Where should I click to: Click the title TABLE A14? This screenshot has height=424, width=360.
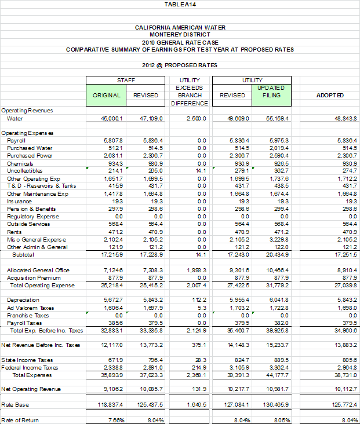[x=180, y=4]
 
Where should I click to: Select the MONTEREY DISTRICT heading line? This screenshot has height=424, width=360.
[x=180, y=34]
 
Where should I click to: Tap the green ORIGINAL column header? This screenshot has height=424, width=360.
[x=107, y=95]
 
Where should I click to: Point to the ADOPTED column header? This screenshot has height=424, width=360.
[x=331, y=95]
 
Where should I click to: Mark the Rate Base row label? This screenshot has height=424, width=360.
[x=16, y=404]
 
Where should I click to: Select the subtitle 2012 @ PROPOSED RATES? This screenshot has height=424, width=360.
[x=180, y=65]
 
